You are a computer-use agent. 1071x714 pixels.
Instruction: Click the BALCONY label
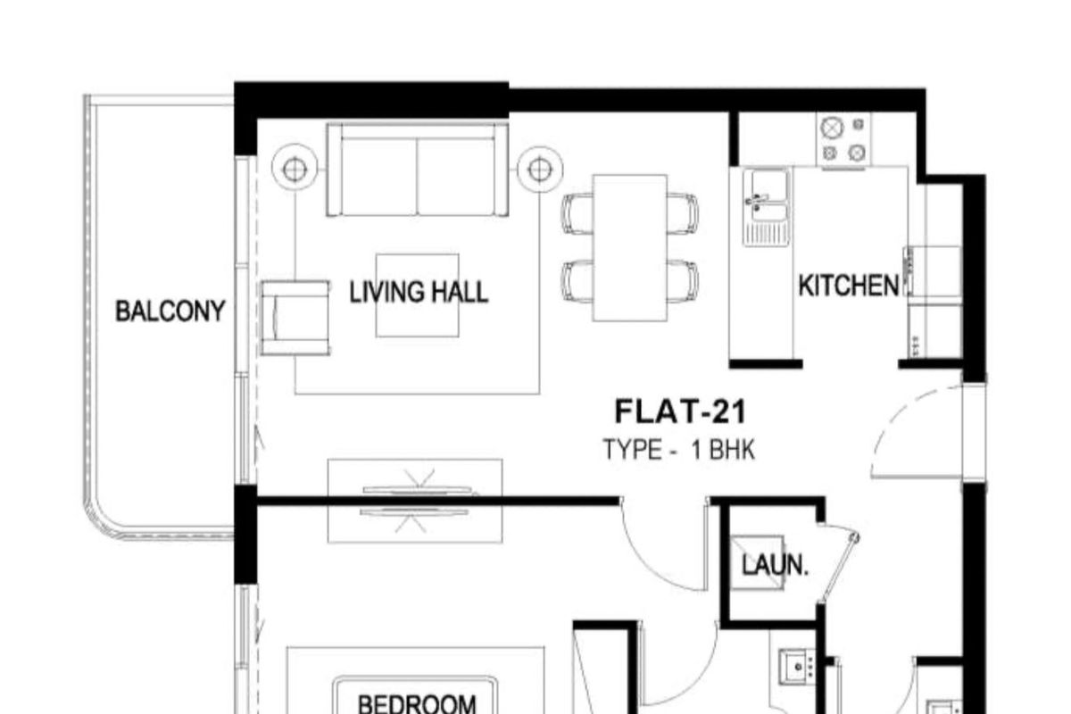click(170, 311)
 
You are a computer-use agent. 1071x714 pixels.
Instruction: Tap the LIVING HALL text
click(419, 292)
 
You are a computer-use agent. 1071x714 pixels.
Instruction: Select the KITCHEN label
click(849, 286)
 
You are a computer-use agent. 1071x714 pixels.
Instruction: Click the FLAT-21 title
click(680, 411)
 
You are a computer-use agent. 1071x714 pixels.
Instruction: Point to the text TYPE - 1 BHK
click(679, 450)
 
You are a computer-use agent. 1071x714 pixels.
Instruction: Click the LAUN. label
click(775, 565)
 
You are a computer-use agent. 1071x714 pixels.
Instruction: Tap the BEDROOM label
click(417, 704)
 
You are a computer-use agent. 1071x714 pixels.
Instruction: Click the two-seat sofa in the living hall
click(418, 170)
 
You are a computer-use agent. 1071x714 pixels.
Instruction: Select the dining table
click(630, 248)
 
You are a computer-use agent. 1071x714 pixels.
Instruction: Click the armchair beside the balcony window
click(295, 318)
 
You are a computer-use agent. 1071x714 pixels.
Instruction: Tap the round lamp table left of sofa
click(295, 170)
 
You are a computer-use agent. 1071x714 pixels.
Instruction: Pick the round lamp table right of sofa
click(540, 170)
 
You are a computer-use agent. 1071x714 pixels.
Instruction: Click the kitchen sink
click(767, 208)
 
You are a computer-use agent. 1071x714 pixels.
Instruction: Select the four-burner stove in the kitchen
click(843, 139)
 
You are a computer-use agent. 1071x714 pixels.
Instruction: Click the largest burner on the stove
click(831, 128)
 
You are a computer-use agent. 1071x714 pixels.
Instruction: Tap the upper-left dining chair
click(577, 213)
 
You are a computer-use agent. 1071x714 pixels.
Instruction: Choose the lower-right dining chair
click(683, 282)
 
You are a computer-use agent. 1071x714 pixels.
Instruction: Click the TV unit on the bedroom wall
click(415, 502)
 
